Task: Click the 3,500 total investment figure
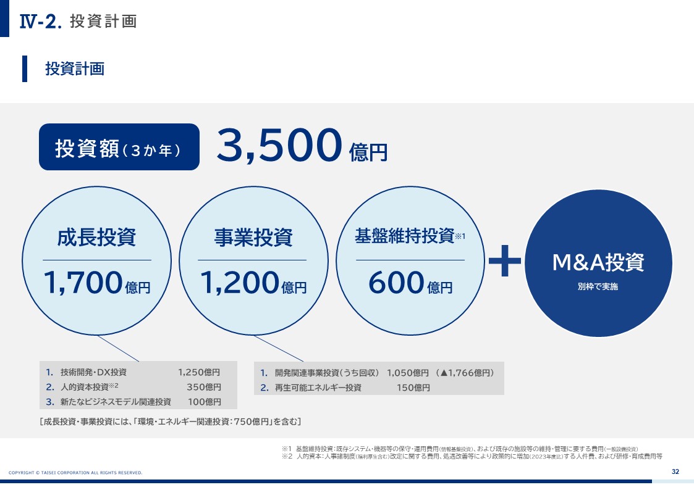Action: pos(279,145)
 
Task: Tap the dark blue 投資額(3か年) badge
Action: pos(119,147)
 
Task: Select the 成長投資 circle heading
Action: pos(96,237)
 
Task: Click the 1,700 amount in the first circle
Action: pos(83,282)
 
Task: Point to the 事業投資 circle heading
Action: pos(253,237)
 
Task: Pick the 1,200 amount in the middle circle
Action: pos(240,282)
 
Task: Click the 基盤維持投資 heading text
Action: pos(405,236)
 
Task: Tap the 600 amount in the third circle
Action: pos(396,283)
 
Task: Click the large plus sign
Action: pos(504,260)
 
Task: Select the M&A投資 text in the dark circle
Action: pos(598,262)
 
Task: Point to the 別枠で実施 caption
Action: pos(598,286)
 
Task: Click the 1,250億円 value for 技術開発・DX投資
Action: pos(199,373)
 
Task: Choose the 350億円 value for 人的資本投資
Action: pos(203,387)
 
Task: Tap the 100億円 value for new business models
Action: pos(205,402)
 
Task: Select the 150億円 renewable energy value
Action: pos(413,388)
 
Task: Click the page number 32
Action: pos(675,471)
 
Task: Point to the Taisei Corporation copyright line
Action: pos(75,473)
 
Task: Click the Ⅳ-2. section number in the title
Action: pos(40,21)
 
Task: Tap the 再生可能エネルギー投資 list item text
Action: pos(318,388)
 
